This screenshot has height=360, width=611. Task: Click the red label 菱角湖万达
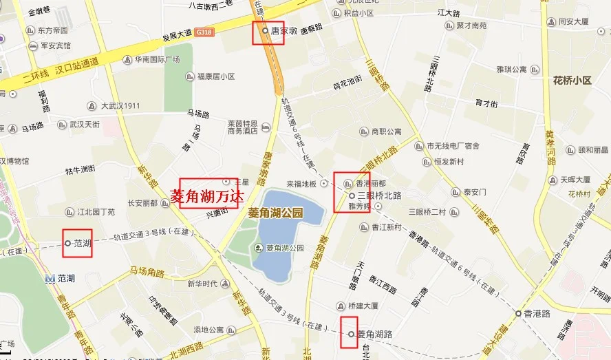coord(207,195)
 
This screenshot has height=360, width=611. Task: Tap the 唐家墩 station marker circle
coord(265,31)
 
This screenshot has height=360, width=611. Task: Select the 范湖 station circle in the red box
coord(67,243)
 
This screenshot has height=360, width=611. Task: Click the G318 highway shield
coord(204,32)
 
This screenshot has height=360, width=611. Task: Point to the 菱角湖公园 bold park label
coord(275,213)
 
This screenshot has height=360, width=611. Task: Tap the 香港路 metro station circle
coord(518,313)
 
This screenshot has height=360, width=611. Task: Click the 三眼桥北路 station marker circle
coord(352,195)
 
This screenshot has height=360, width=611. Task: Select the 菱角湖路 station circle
coord(351,334)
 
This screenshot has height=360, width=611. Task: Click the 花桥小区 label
coord(572,81)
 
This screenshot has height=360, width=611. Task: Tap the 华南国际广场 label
coord(157,60)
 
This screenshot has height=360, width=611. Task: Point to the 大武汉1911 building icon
coord(92,106)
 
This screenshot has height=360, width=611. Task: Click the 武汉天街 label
coord(84,125)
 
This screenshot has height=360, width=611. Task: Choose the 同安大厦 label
coord(574,21)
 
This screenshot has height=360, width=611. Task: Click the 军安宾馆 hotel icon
coord(32,45)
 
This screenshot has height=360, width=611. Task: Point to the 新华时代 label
coord(202,284)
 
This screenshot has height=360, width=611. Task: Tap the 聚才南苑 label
coord(471,25)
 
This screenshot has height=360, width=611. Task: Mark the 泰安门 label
coord(475,192)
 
